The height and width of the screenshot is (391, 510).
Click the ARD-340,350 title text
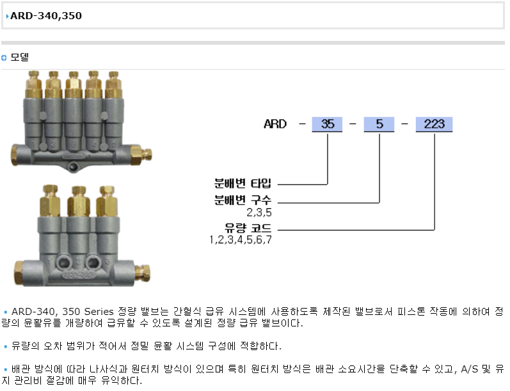[46, 15]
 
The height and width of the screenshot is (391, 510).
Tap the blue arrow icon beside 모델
[4, 57]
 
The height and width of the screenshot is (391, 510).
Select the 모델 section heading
[20, 57]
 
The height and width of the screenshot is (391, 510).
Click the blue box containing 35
[327, 124]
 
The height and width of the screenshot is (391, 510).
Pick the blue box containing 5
[379, 124]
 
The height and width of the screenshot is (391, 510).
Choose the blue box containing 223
[434, 124]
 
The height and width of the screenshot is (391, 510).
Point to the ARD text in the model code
[275, 124]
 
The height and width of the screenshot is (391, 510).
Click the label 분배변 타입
[243, 183]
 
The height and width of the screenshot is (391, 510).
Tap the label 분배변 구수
[243, 200]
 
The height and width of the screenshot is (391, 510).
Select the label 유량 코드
[248, 227]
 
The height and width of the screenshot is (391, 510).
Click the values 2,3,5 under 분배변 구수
[259, 212]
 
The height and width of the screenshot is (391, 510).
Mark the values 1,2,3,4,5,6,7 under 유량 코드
[241, 240]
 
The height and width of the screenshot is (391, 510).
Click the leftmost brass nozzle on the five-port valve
[34, 84]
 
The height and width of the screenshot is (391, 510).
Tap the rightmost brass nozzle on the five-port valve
[114, 84]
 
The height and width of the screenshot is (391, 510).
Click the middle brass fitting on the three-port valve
[79, 201]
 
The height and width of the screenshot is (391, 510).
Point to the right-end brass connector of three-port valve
[143, 273]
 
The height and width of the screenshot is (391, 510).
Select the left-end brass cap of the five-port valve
[15, 155]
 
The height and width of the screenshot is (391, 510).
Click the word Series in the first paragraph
[99, 311]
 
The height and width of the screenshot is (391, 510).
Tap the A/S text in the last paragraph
[469, 369]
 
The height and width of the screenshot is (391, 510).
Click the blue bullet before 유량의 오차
[5, 346]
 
